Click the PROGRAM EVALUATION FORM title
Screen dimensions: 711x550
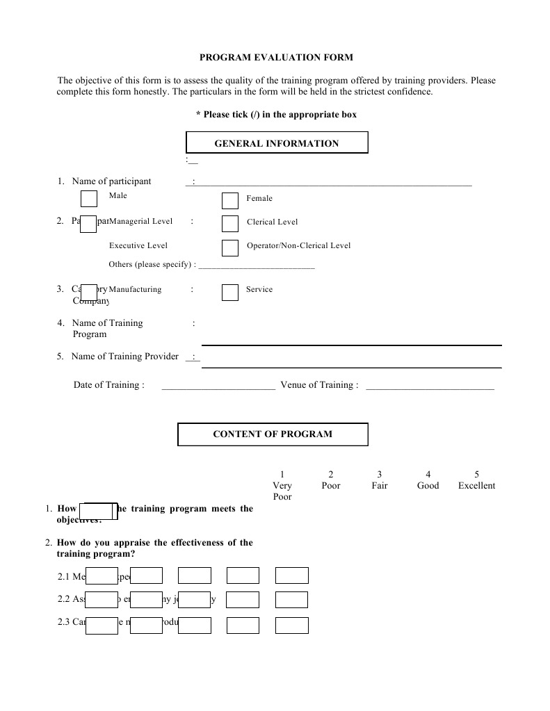point(276,58)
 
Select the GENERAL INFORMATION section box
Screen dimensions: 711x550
point(276,143)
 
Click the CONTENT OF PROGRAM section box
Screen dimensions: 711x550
point(273,434)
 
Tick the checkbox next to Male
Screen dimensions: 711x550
point(89,199)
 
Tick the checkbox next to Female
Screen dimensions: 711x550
point(230,201)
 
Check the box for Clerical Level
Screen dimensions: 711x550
point(230,223)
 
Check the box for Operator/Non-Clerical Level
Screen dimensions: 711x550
point(230,247)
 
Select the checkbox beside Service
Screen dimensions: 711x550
point(230,292)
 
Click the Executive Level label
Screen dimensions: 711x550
point(138,245)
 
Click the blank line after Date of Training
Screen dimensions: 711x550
point(218,386)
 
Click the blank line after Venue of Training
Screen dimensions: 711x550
point(430,386)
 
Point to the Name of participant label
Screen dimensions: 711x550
point(111,181)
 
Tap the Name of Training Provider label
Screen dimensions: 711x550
point(125,357)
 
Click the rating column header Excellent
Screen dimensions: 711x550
point(476,486)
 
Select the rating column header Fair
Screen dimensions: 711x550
point(379,486)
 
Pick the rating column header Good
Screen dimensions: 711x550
point(428,486)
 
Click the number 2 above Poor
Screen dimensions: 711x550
point(331,475)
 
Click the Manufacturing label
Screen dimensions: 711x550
point(135,289)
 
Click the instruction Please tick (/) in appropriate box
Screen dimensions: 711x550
point(276,115)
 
